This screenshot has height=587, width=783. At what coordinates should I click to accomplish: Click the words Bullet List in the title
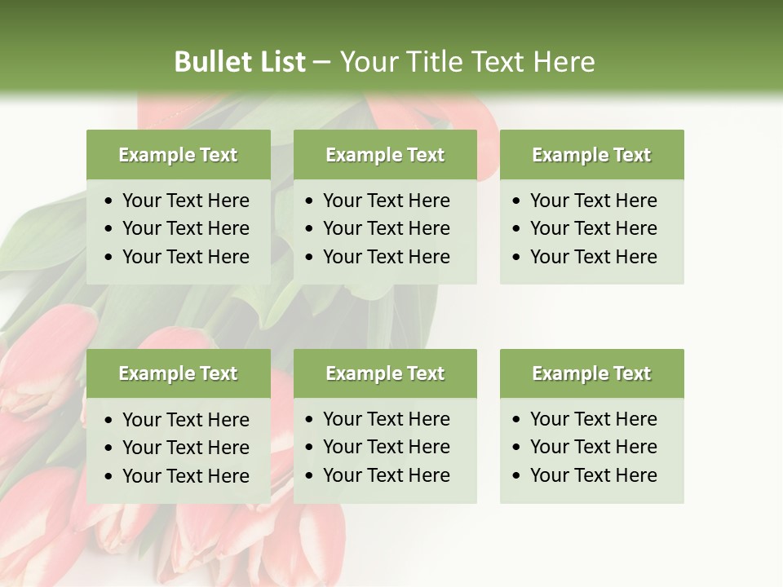coord(240,62)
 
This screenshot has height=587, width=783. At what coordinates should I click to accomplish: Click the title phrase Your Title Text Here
coord(467,62)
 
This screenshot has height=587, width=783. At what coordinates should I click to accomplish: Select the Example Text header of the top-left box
coord(178,155)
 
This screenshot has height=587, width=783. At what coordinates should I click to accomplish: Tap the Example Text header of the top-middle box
coord(385,155)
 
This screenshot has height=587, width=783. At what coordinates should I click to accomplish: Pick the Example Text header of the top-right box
coord(591,155)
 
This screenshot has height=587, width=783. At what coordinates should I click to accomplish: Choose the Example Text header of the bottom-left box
coord(178,373)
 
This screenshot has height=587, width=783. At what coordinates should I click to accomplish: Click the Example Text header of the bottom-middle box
coord(385,373)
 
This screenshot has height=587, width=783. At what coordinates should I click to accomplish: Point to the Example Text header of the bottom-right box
coord(591,373)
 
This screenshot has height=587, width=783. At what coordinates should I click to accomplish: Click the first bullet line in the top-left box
coord(185,201)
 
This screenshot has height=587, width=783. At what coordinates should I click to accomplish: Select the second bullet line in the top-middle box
coord(386,228)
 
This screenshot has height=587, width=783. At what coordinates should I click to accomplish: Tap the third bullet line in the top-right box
coord(593,257)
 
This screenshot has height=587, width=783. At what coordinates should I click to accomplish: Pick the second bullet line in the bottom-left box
coord(185,448)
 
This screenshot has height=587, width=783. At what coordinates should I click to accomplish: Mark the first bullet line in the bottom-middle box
coord(386,419)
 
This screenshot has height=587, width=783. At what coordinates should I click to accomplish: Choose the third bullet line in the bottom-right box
coord(593,475)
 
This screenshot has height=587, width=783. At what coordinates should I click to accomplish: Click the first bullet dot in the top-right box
coord(516,201)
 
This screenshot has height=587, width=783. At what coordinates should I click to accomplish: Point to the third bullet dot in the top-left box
coord(109,258)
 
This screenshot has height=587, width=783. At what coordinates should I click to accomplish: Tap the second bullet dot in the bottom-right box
coord(516,448)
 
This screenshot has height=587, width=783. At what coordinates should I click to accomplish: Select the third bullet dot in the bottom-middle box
coord(310,476)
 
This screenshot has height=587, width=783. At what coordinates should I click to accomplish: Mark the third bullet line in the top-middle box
coord(386,257)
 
